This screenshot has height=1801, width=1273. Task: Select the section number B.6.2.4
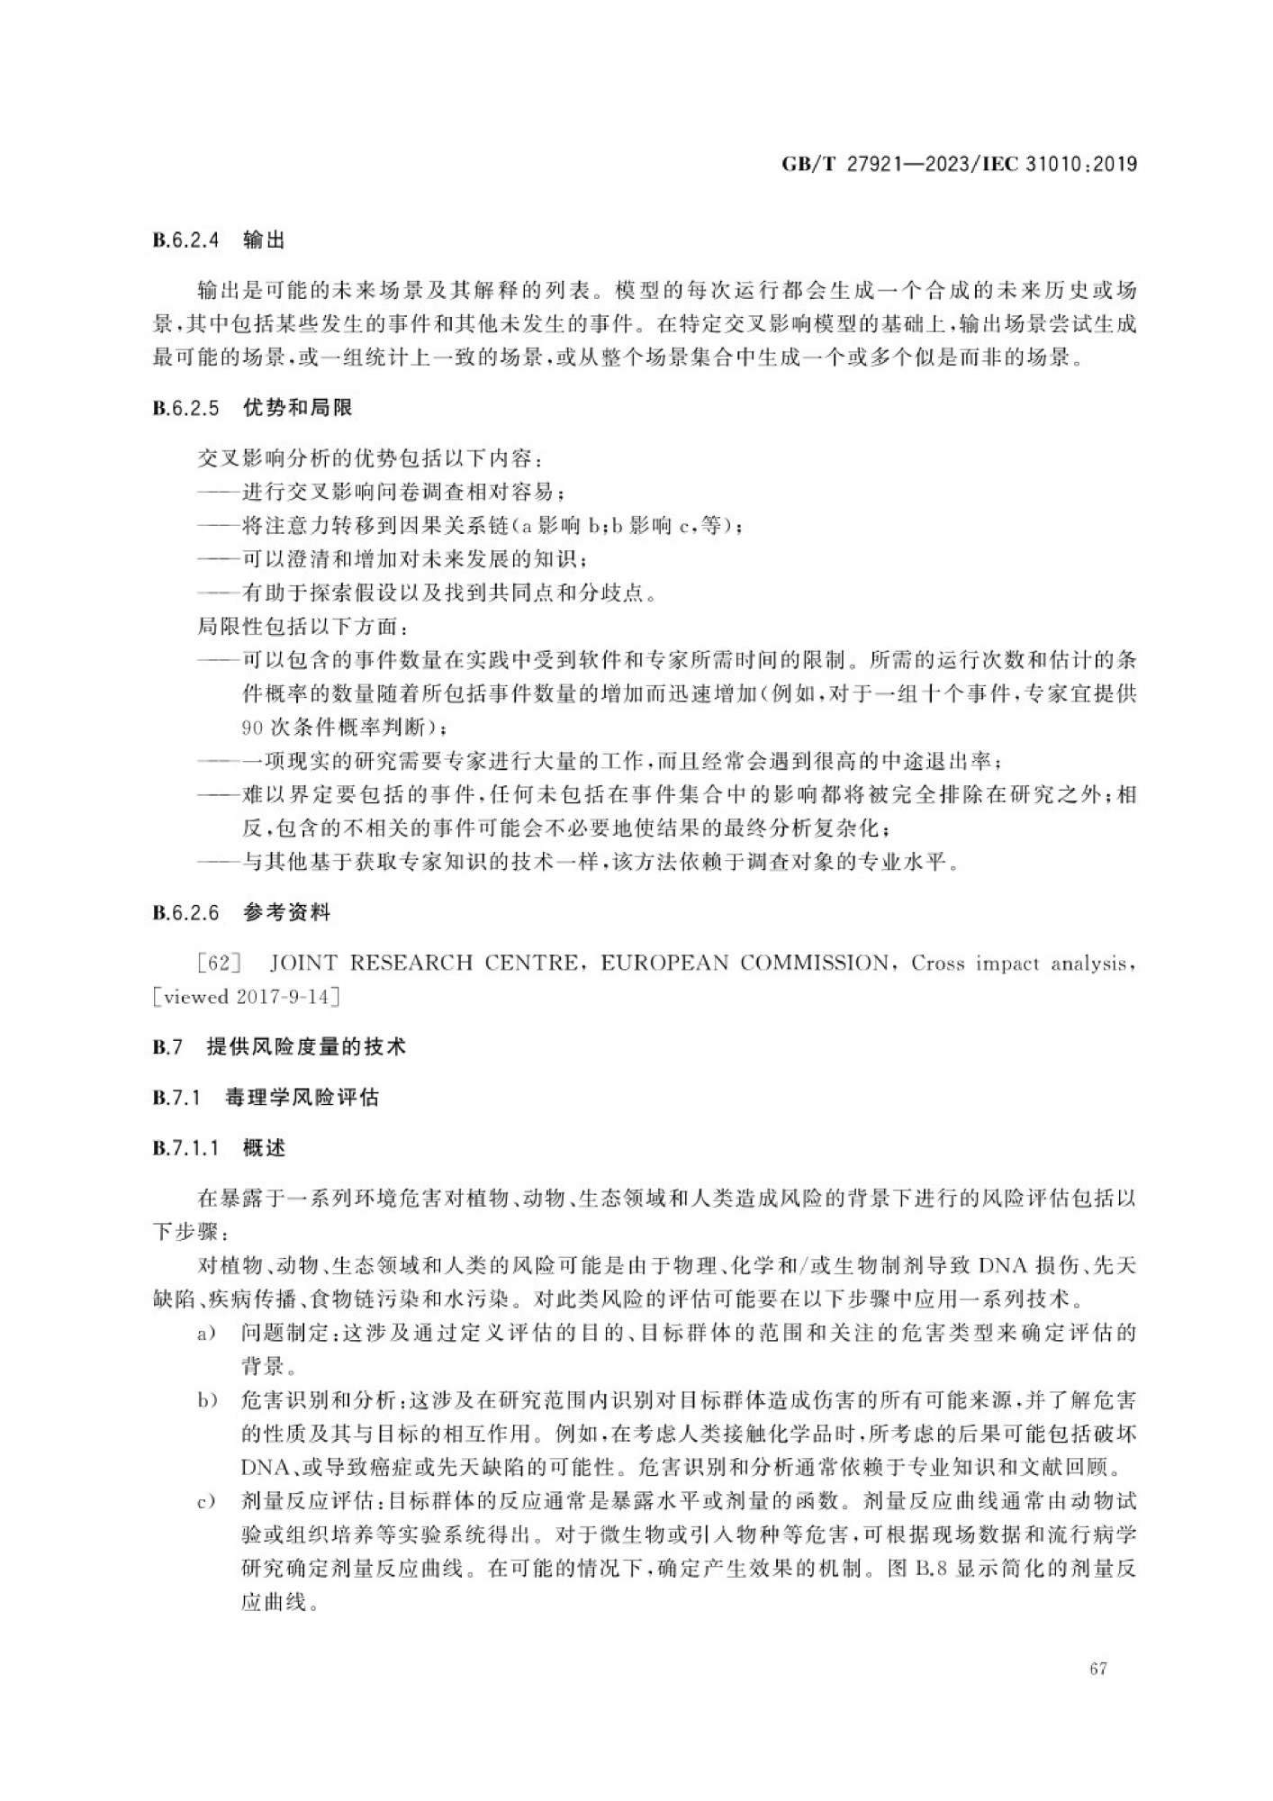pos(186,240)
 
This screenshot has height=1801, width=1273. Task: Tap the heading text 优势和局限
pos(298,408)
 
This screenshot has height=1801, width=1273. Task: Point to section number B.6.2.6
pos(186,913)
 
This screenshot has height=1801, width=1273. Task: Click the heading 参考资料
pos(286,913)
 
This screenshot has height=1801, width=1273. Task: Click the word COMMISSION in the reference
pos(813,964)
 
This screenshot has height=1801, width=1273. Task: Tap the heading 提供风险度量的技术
pos(306,1046)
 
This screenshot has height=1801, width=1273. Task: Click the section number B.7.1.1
pos(186,1148)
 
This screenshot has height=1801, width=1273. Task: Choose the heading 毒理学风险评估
pos(302,1098)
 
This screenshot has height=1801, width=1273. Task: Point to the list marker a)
pos(207,1334)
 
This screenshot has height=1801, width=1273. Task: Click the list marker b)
pos(207,1401)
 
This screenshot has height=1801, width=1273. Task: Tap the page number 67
pos(1097,1669)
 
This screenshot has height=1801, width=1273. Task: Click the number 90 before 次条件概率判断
pos(252,727)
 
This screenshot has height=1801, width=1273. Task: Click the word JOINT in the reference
pos(302,964)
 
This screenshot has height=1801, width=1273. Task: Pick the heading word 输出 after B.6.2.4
pos(264,240)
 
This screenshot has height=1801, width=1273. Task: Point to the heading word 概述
pos(264,1148)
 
